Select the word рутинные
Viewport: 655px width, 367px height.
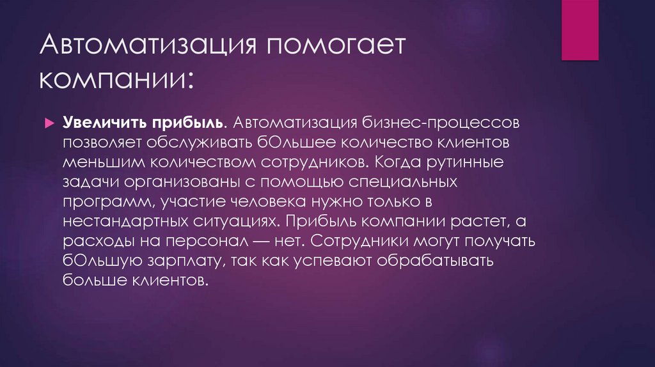pyautogui.click(x=467, y=162)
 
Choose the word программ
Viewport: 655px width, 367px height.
pyautogui.click(x=109, y=203)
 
